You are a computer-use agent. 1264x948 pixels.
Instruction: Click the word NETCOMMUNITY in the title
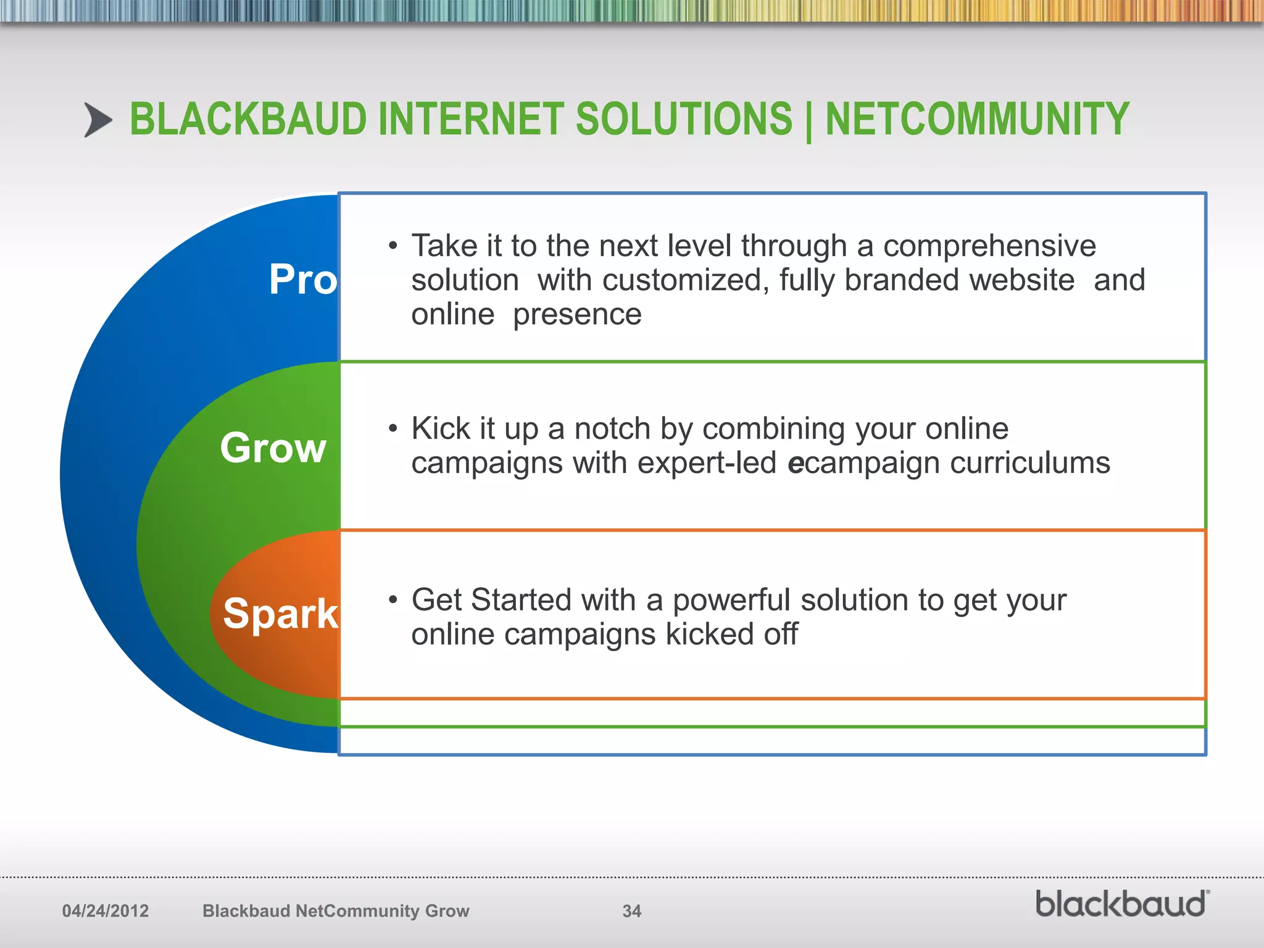point(977,120)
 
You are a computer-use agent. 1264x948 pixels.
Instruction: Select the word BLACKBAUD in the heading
point(248,120)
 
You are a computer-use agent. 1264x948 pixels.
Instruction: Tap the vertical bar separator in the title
point(809,122)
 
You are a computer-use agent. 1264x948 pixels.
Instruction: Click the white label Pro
point(303,280)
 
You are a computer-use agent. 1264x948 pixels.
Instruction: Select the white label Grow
point(273,448)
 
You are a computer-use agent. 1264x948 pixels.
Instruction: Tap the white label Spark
point(281,614)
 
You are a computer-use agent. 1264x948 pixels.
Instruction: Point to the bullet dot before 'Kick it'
point(393,429)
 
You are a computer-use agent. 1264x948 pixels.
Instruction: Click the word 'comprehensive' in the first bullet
point(989,246)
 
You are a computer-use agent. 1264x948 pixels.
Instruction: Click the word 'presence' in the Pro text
point(577,315)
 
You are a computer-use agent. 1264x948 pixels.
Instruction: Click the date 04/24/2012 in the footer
point(106,911)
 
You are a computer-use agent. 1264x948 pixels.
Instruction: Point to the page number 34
point(631,911)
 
